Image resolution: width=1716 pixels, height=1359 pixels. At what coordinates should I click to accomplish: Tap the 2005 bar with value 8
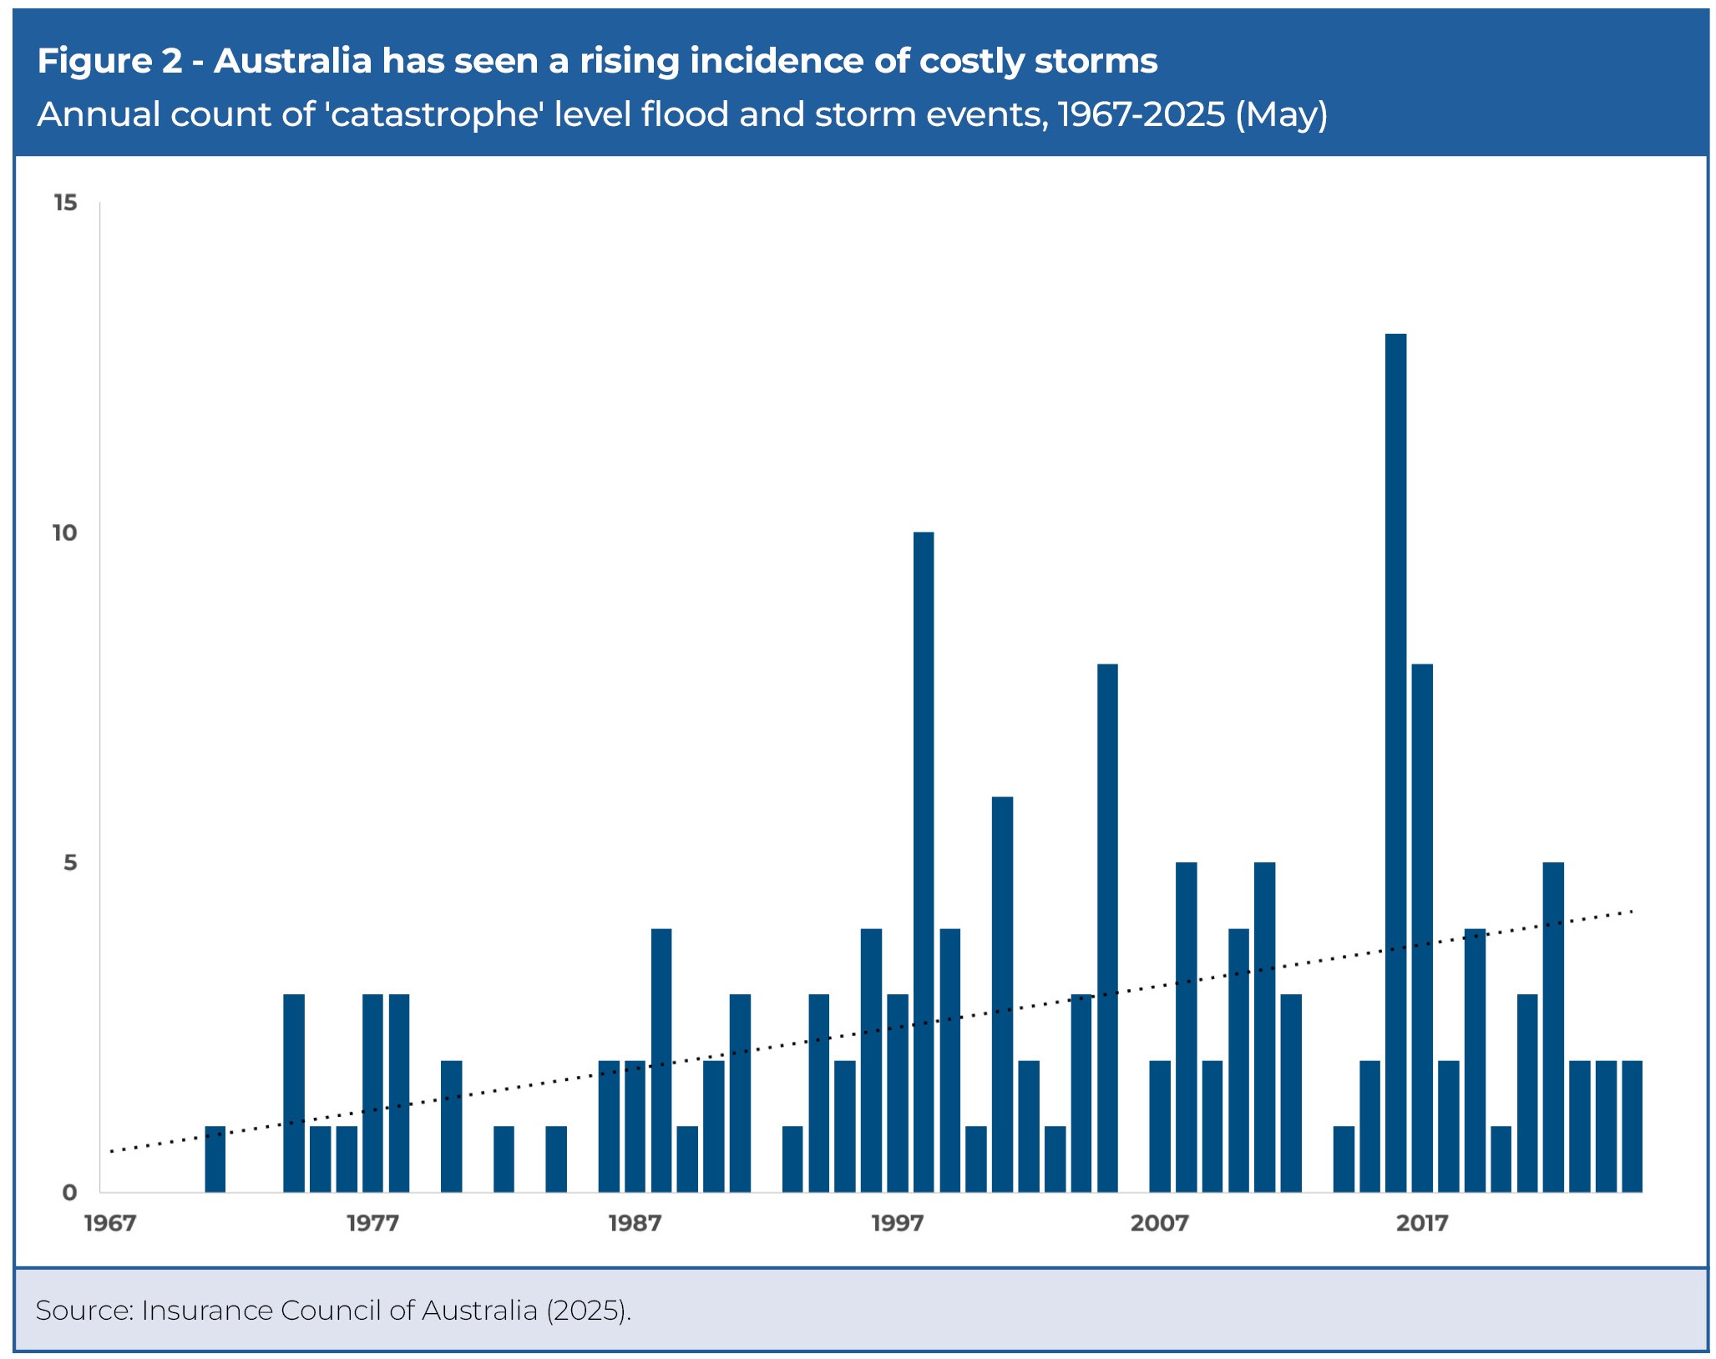tap(1107, 927)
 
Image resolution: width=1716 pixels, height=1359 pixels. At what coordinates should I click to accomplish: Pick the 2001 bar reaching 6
tap(1002, 993)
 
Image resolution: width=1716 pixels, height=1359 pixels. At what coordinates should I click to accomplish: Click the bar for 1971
tap(215, 1159)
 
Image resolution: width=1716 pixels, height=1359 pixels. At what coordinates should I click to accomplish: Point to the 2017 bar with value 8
tap(1422, 927)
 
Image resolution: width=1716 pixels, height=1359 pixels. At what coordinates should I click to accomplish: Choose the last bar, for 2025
tap(1632, 1125)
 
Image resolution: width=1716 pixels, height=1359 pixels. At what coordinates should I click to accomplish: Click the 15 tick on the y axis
tap(64, 203)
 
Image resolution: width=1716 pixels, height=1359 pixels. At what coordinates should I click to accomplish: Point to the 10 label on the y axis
tap(64, 533)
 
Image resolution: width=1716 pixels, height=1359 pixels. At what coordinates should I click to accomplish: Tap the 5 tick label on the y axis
tap(70, 862)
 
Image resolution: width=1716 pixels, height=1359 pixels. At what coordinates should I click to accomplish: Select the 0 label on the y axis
tap(70, 1192)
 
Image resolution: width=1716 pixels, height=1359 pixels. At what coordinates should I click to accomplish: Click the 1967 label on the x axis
tap(110, 1224)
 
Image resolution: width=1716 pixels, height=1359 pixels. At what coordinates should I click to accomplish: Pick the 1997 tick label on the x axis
tap(898, 1224)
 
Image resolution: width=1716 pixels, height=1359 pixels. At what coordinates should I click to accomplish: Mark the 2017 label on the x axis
tap(1422, 1224)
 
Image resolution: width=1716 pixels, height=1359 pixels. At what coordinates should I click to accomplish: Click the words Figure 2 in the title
tap(109, 61)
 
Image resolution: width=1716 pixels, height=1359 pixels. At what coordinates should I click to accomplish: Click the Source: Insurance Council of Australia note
tap(332, 1311)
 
